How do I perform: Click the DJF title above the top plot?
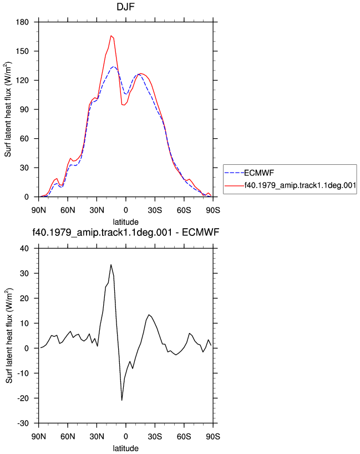point(125,7)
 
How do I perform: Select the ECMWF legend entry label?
point(259,173)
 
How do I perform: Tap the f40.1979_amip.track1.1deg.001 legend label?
point(300,185)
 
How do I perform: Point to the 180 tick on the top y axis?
point(23,22)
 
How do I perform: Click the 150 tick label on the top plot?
point(23,51)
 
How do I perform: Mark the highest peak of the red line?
point(111,36)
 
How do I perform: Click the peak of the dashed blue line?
point(114,67)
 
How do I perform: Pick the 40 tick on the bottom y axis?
point(24,249)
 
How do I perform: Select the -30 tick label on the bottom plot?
point(23,423)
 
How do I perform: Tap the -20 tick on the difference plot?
point(23,398)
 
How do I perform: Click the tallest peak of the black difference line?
point(111,264)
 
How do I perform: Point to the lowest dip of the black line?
point(122,400)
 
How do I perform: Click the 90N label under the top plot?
point(38,210)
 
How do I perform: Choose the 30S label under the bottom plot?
point(155,437)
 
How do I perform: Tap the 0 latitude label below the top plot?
point(125,210)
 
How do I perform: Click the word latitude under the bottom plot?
point(125,448)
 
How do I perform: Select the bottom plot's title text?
point(125,232)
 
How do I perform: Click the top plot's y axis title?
point(8,109)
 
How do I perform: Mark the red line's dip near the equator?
point(124,105)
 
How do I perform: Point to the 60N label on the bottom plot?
point(68,437)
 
